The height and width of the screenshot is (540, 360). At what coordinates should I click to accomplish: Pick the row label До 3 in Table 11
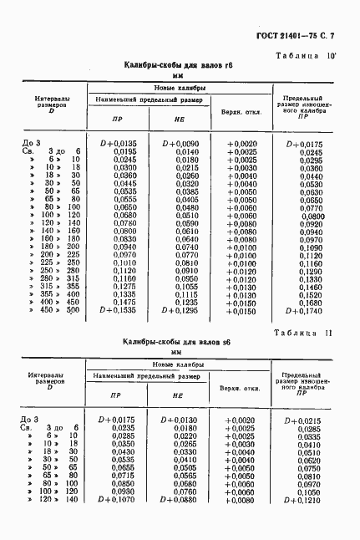[x=30, y=419]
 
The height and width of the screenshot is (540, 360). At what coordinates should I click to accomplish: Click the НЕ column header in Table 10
[x=178, y=120]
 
